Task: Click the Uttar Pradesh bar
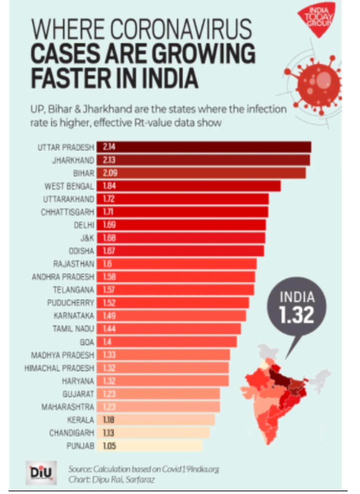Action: tap(203, 147)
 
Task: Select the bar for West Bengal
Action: tap(188, 186)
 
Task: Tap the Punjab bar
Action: tap(149, 446)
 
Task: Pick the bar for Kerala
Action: tap(156, 419)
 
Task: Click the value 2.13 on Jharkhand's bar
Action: tap(109, 160)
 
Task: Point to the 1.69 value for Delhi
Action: tap(109, 225)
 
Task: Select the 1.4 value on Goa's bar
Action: tap(107, 342)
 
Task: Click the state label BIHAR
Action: tap(83, 173)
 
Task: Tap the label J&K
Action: tap(87, 238)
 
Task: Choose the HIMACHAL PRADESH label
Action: tap(59, 368)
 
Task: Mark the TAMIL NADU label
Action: tap(73, 329)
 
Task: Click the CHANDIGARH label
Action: tap(71, 433)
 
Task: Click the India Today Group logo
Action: tap(317, 20)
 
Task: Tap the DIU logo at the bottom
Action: tap(41, 473)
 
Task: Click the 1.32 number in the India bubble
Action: tap(296, 315)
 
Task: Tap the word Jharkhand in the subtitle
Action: tap(108, 109)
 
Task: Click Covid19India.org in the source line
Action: tap(190, 469)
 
